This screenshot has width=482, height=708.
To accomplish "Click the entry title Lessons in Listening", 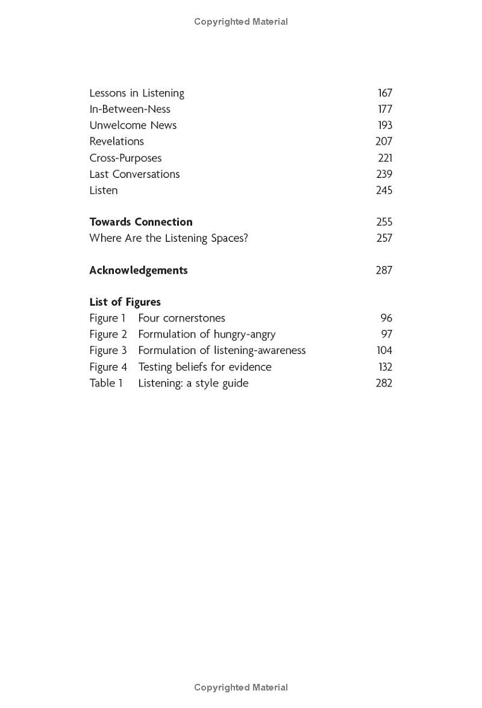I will tap(137, 93).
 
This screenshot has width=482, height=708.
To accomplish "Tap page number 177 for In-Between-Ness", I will tap(385, 109).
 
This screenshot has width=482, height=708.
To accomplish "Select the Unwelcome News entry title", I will tap(133, 125).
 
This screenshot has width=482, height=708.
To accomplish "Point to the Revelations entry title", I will tap(117, 141).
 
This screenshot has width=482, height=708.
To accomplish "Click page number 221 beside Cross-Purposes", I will tap(385, 158).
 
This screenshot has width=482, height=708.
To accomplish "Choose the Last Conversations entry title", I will tap(134, 174).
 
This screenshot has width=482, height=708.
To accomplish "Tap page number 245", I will tap(384, 190).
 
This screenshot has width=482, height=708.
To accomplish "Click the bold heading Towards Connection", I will tap(141, 222).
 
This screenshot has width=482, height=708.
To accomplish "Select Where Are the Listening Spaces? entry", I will tap(169, 238).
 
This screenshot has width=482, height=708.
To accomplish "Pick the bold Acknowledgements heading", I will tap(139, 270).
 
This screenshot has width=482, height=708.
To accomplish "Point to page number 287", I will tap(384, 270).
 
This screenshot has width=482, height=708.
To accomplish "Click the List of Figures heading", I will tap(125, 302).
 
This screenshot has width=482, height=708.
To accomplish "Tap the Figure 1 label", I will tap(108, 318).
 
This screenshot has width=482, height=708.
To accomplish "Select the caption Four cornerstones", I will tap(181, 318).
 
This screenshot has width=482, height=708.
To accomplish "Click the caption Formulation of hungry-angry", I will tap(207, 334).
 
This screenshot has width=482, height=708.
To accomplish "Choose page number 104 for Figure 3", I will tap(384, 350).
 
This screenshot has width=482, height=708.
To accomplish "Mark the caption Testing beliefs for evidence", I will tap(205, 367).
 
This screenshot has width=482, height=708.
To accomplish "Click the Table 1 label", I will tap(106, 383).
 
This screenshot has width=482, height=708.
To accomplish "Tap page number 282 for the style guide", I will tap(384, 383).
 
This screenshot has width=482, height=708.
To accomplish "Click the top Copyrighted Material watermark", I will tap(241, 22).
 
